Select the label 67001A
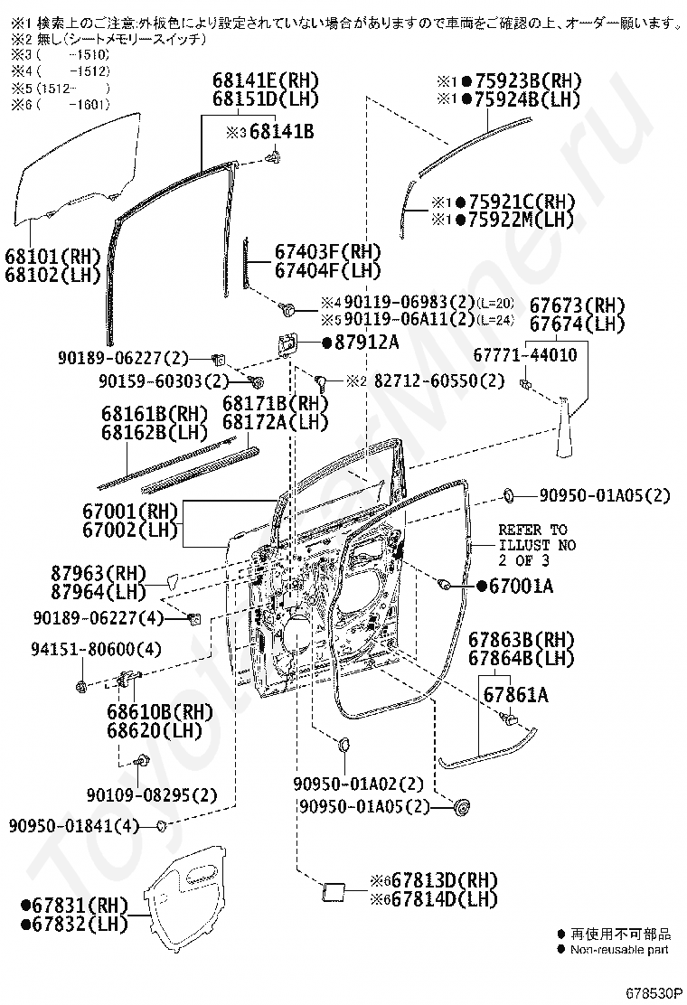tap(520, 587)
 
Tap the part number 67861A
tap(515, 695)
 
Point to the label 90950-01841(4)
tap(74, 825)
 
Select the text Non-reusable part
tap(619, 949)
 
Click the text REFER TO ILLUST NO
tap(537, 538)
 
